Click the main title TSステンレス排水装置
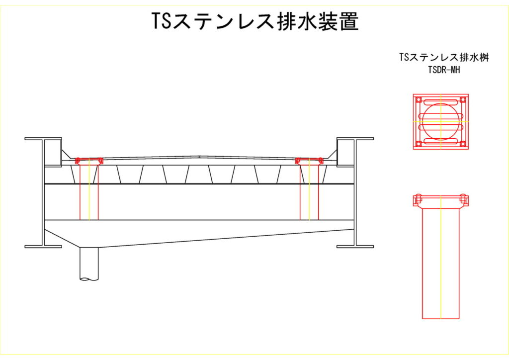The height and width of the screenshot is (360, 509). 254,21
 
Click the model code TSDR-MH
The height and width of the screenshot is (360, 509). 440,70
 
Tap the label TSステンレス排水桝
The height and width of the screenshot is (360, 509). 440,58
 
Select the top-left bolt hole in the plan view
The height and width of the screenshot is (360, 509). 419,99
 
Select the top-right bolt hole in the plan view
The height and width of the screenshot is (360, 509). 463,99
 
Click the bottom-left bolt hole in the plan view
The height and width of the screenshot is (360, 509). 419,144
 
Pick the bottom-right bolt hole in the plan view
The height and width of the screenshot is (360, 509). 463,144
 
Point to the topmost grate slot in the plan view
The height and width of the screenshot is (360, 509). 440,103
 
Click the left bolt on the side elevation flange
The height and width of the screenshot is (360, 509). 418,199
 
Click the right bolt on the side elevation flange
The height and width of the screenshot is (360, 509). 464,199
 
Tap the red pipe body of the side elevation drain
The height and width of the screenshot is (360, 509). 440,264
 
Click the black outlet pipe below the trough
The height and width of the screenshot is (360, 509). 89,264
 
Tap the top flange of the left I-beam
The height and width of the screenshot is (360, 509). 43,138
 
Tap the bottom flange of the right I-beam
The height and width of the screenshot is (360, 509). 355,246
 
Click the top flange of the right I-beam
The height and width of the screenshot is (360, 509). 355,138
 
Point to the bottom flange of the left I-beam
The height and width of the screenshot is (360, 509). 43,246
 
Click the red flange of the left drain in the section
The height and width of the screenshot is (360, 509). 89,160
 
